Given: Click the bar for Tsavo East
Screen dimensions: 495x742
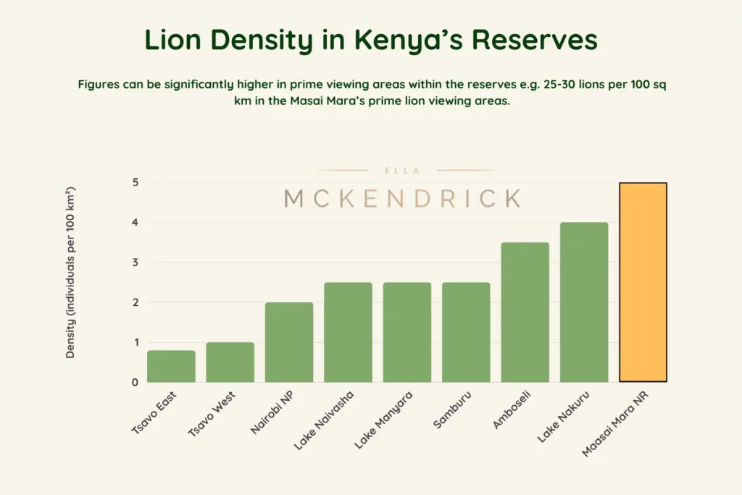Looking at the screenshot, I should (171, 366).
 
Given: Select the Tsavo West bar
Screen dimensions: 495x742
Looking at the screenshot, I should (230, 362).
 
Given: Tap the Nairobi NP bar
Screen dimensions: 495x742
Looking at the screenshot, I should (289, 342).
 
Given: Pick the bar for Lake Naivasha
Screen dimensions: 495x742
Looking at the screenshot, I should (348, 332).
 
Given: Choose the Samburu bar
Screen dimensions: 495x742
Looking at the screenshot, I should (466, 332).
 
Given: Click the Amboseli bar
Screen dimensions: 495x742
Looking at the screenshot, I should (525, 312).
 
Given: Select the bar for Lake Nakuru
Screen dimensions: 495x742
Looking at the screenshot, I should (584, 301).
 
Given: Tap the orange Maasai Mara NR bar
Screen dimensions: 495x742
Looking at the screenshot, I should (643, 282).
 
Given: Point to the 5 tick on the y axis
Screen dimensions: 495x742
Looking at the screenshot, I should (135, 183).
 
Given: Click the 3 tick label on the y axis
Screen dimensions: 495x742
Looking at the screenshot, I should (135, 262).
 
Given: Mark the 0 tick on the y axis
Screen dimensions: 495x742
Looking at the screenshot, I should (135, 382).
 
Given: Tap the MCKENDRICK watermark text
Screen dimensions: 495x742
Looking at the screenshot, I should (402, 198).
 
